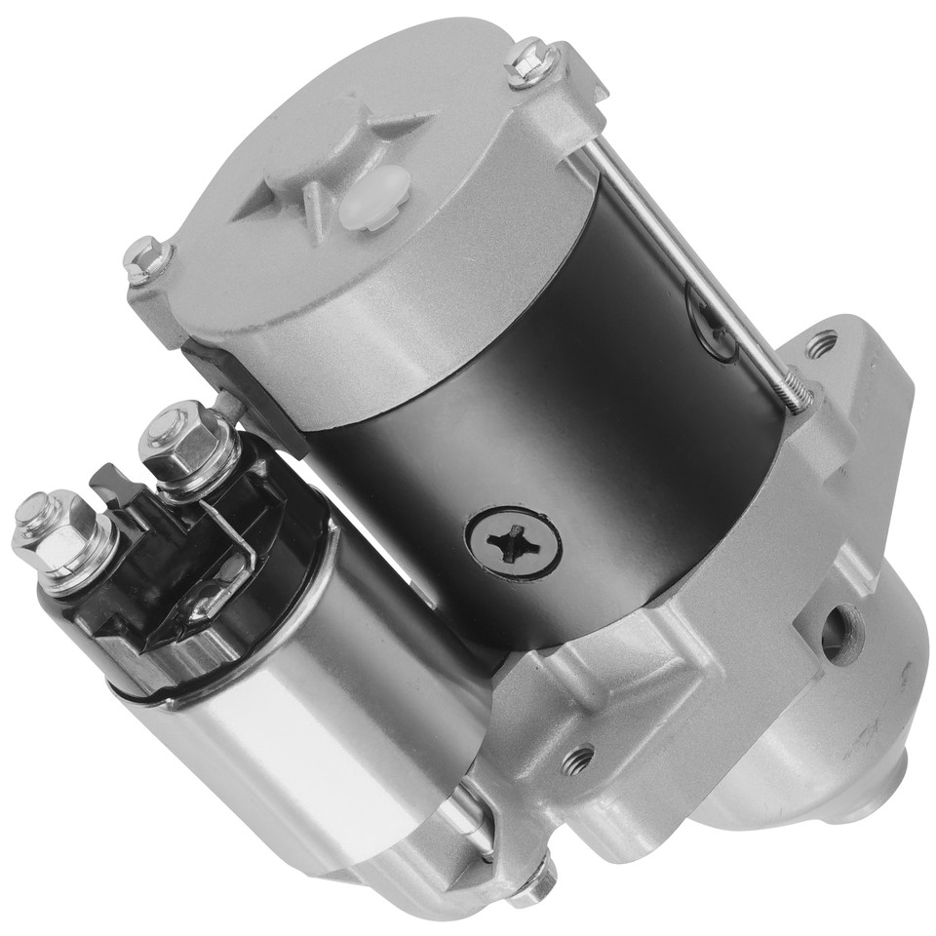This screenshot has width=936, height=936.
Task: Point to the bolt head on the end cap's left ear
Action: [x=148, y=258]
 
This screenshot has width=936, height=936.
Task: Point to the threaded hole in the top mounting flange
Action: [x=821, y=343]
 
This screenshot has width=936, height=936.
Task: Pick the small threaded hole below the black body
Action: [x=578, y=758]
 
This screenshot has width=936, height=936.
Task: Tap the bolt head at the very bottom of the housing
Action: [x=532, y=882]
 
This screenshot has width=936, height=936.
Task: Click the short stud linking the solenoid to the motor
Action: [x=226, y=405]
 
